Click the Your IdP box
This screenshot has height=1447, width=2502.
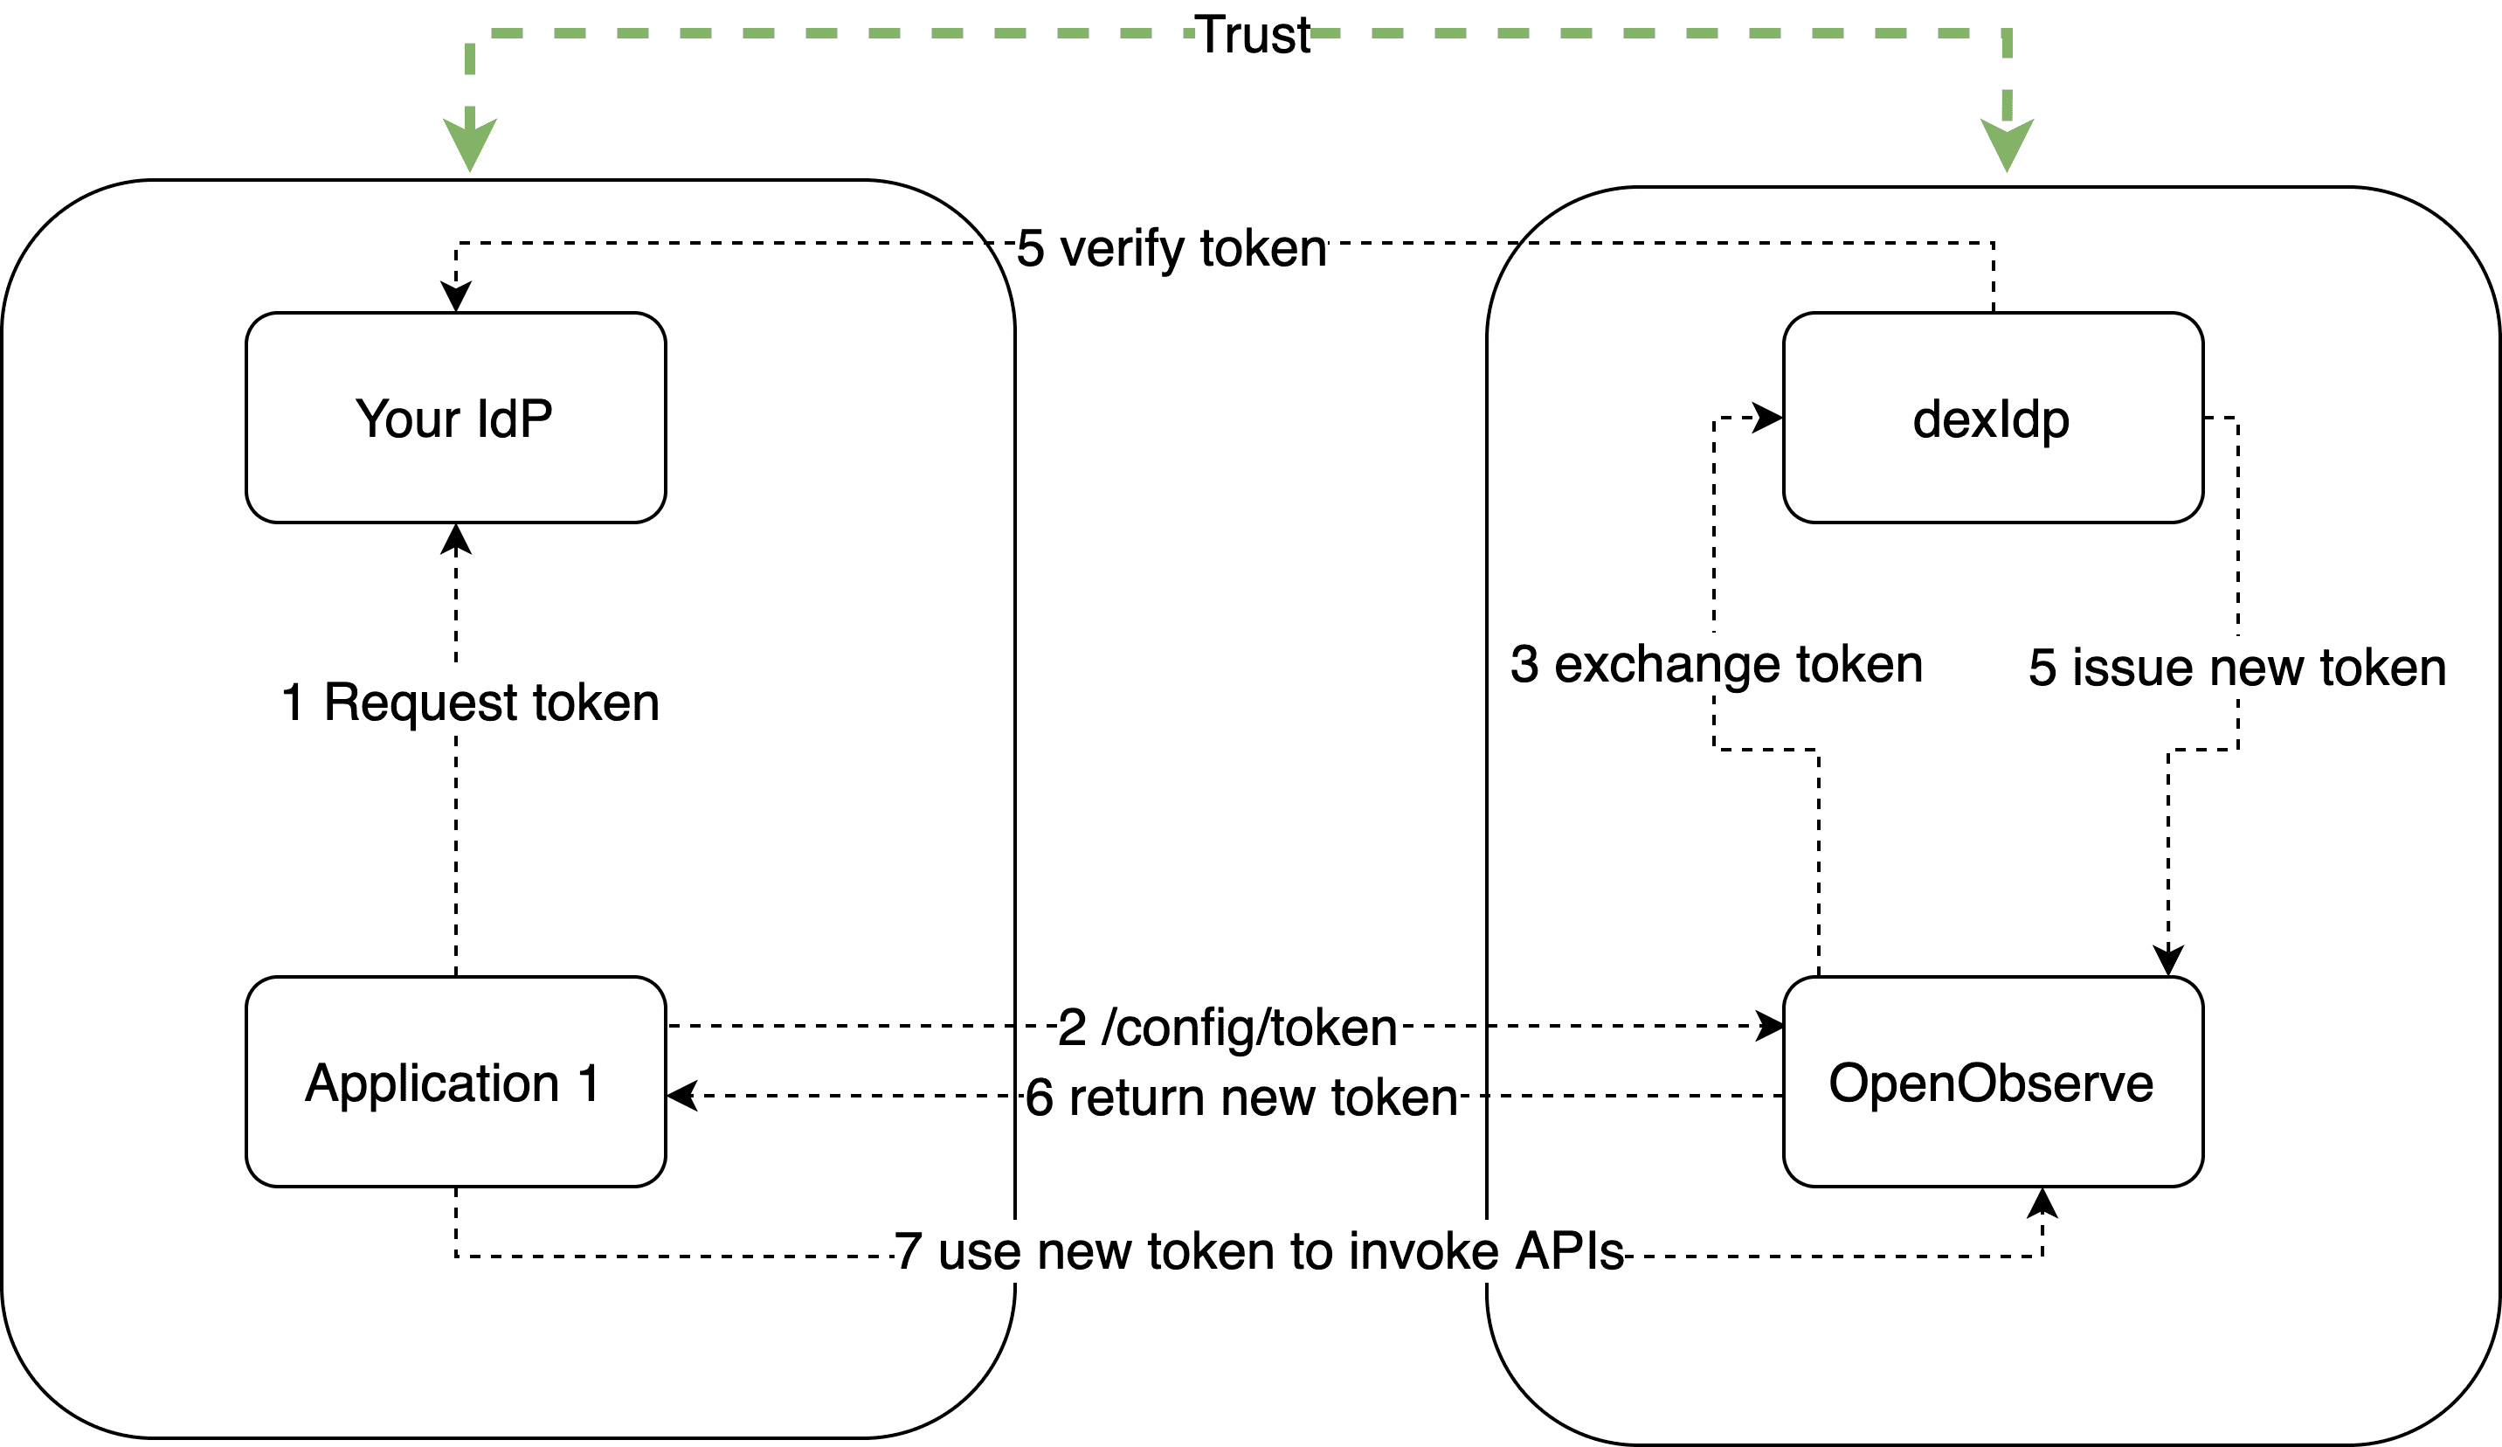click(455, 419)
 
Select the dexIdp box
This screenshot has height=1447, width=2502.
click(1993, 419)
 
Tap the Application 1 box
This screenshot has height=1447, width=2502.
click(455, 1082)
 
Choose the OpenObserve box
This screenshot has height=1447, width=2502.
click(1993, 1082)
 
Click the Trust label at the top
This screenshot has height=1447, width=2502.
click(1252, 35)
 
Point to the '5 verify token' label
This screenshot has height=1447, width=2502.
click(1172, 247)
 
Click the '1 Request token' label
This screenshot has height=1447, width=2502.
click(471, 703)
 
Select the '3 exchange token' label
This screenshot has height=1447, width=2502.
click(1717, 663)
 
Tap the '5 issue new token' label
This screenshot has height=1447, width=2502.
click(2237, 667)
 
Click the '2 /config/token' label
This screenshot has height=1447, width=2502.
click(1227, 1027)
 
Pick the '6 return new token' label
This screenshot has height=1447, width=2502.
click(1241, 1097)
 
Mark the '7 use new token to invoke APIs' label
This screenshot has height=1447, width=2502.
click(1258, 1251)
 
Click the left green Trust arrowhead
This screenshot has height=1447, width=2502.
click(470, 145)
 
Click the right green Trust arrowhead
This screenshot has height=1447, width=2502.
click(2007, 145)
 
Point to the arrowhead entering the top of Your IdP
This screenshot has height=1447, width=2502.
click(456, 297)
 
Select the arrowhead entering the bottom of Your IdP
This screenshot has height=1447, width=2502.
click(456, 539)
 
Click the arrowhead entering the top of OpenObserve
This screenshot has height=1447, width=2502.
click(2168, 960)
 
